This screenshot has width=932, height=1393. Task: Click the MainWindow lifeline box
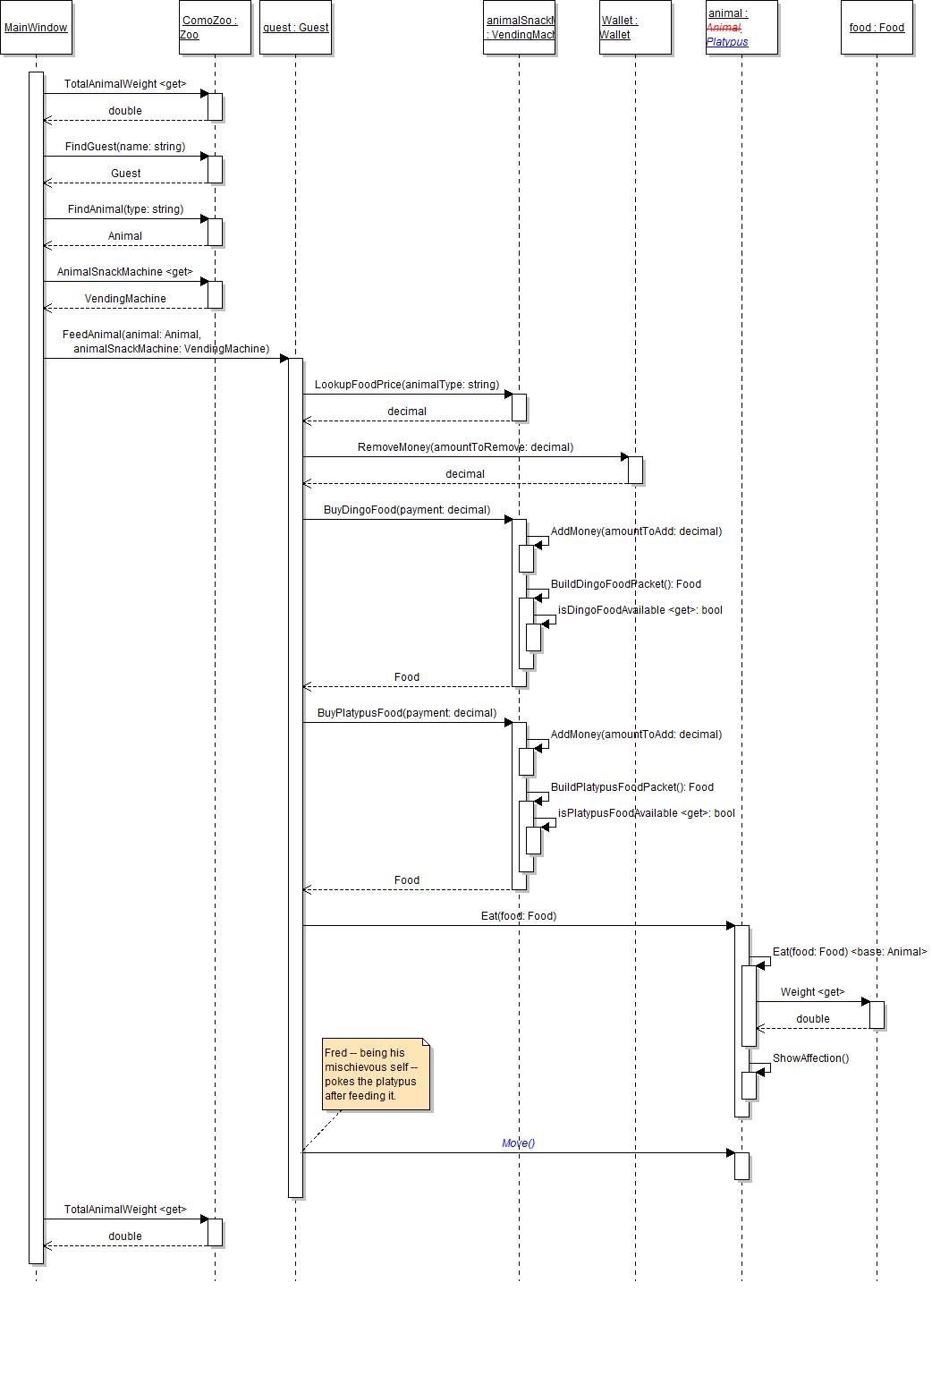pyautogui.click(x=36, y=28)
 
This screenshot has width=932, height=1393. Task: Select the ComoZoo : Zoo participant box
pyautogui.click(x=215, y=28)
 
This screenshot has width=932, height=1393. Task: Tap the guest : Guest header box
pyautogui.click(x=295, y=28)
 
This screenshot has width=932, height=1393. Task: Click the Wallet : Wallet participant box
pyautogui.click(x=635, y=28)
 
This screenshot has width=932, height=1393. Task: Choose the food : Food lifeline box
pyautogui.click(x=877, y=28)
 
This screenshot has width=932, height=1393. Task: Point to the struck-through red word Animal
pyautogui.click(x=724, y=28)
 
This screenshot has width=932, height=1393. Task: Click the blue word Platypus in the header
pyautogui.click(x=727, y=42)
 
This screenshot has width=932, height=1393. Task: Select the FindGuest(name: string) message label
pyautogui.click(x=125, y=147)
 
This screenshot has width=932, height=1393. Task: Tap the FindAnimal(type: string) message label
pyautogui.click(x=125, y=209)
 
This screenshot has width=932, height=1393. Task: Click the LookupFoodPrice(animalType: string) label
pyautogui.click(x=407, y=385)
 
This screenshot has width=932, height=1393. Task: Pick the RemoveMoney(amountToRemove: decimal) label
pyautogui.click(x=465, y=447)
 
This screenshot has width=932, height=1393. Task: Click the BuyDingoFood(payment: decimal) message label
pyautogui.click(x=407, y=510)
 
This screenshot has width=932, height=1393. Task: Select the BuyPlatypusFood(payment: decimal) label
pyautogui.click(x=407, y=713)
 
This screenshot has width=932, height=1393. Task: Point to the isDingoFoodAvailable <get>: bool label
pyautogui.click(x=640, y=610)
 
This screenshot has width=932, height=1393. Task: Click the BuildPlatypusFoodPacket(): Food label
pyautogui.click(x=632, y=787)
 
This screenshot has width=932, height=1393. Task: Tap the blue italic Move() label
pyautogui.click(x=519, y=1143)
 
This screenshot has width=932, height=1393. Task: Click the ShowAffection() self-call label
pyautogui.click(x=810, y=1058)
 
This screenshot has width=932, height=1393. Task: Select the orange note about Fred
pyautogui.click(x=377, y=1074)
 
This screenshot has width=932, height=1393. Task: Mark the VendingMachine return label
pyautogui.click(x=125, y=299)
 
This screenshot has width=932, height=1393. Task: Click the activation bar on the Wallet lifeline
pyautogui.click(x=635, y=470)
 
